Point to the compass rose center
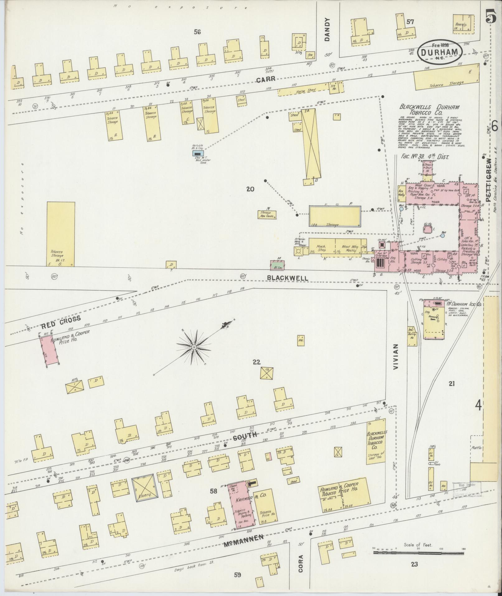tap(194, 347)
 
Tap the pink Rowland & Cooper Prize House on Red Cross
tap(49, 350)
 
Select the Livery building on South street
tap(143, 489)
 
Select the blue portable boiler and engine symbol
tap(197, 153)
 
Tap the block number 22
tap(256, 362)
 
